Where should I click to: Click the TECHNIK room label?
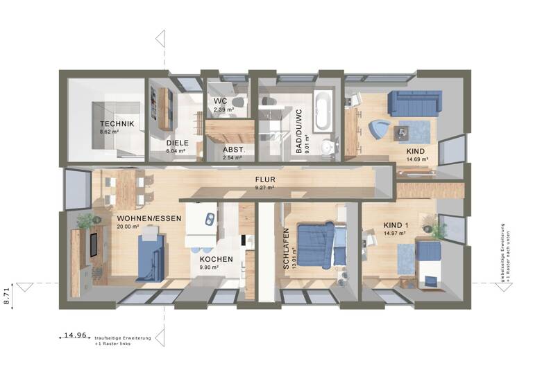(x=116, y=123)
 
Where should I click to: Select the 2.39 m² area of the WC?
(x=223, y=109)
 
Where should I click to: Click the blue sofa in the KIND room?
(x=413, y=103)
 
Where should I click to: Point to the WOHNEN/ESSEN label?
(x=149, y=218)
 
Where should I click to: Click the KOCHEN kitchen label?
(x=216, y=259)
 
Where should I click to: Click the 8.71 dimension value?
(x=8, y=294)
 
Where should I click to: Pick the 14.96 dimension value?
(x=75, y=335)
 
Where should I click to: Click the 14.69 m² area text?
(x=417, y=159)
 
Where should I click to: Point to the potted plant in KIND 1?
(x=437, y=228)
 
